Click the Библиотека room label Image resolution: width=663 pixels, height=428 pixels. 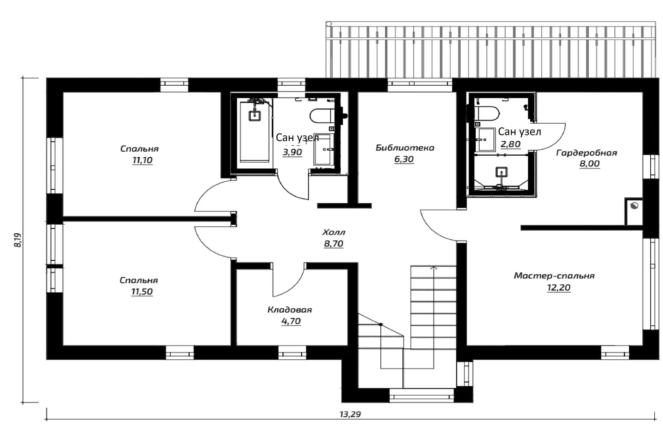(405, 147)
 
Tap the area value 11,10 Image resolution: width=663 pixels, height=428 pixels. (142, 160)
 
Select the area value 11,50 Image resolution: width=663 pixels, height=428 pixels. (142, 292)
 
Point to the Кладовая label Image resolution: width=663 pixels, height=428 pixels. (290, 310)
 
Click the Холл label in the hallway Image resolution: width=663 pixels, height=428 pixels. (333, 232)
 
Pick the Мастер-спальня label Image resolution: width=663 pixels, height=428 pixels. (554, 276)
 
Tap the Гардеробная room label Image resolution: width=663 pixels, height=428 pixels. (587, 153)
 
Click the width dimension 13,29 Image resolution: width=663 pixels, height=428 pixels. (350, 414)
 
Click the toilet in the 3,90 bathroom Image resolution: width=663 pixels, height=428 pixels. (323, 116)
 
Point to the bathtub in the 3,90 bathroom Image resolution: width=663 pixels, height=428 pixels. (255, 132)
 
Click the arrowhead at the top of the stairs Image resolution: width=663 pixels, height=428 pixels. (434, 268)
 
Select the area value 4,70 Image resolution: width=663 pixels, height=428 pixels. (291, 321)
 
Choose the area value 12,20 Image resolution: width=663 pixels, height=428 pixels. (558, 288)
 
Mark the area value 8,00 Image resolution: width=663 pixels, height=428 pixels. (590, 164)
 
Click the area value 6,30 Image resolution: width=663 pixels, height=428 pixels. (404, 159)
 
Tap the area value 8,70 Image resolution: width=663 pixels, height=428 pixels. (333, 244)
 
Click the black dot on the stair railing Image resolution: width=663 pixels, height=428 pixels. (381, 325)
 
